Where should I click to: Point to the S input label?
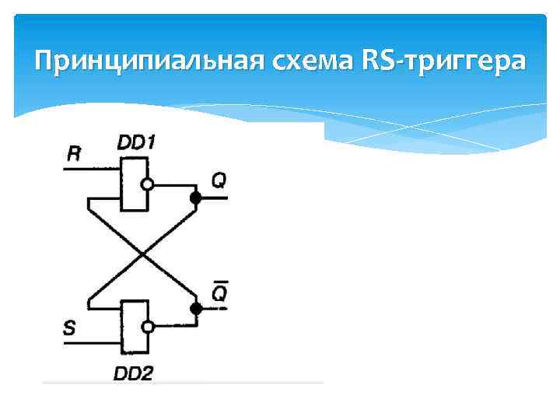[x=69, y=328]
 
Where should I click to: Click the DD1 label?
[x=137, y=142]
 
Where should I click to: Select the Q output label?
[x=219, y=180]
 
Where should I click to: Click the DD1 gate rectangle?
[x=134, y=184]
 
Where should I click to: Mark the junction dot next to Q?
[x=196, y=198]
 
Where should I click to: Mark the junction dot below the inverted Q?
[x=196, y=309]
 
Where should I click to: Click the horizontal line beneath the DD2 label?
[x=183, y=382]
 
